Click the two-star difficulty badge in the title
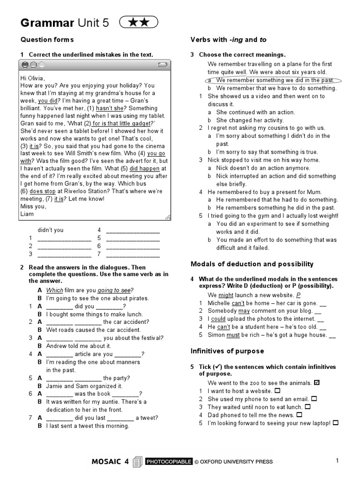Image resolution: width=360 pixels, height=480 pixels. pyautogui.click(x=139, y=22)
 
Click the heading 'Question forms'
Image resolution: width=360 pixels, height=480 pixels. pyautogui.click(x=47, y=40)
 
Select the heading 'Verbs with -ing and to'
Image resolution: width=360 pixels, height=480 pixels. pyautogui.click(x=228, y=40)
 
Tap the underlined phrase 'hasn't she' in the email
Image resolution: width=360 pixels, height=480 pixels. pyautogui.click(x=109, y=108)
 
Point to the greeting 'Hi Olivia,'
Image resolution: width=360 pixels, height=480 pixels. pyautogui.click(x=34, y=78)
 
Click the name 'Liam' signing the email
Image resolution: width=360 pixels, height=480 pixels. pyautogui.click(x=27, y=214)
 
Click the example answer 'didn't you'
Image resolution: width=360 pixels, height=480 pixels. pyautogui.click(x=50, y=230)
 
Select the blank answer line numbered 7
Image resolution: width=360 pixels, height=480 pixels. pyautogui.click(x=133, y=254)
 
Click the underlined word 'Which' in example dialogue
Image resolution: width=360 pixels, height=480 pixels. pyautogui.click(x=54, y=290)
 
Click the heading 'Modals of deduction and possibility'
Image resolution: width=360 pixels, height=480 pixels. pyautogui.click(x=252, y=264)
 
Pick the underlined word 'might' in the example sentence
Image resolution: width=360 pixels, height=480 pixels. pyautogui.click(x=226, y=295)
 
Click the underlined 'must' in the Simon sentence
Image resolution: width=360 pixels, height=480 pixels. pyautogui.click(x=233, y=335)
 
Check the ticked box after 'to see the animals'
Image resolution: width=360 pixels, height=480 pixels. pyautogui.click(x=317, y=382)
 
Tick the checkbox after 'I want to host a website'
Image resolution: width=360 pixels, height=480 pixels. pyautogui.click(x=277, y=390)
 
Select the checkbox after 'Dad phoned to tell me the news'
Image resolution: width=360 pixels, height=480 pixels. pyautogui.click(x=300, y=415)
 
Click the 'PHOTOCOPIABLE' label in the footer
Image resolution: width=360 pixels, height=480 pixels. pyautogui.click(x=169, y=462)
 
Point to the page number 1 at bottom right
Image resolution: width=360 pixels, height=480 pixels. pyautogui.click(x=337, y=461)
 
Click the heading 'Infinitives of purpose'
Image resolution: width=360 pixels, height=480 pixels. pyautogui.click(x=227, y=351)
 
